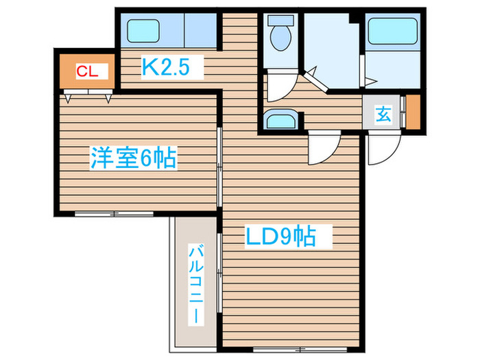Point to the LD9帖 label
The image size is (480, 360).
[x=280, y=237]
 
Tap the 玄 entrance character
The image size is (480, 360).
[x=383, y=115]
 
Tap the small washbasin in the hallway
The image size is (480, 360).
[x=281, y=121]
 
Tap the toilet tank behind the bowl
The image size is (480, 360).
[x=279, y=21]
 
